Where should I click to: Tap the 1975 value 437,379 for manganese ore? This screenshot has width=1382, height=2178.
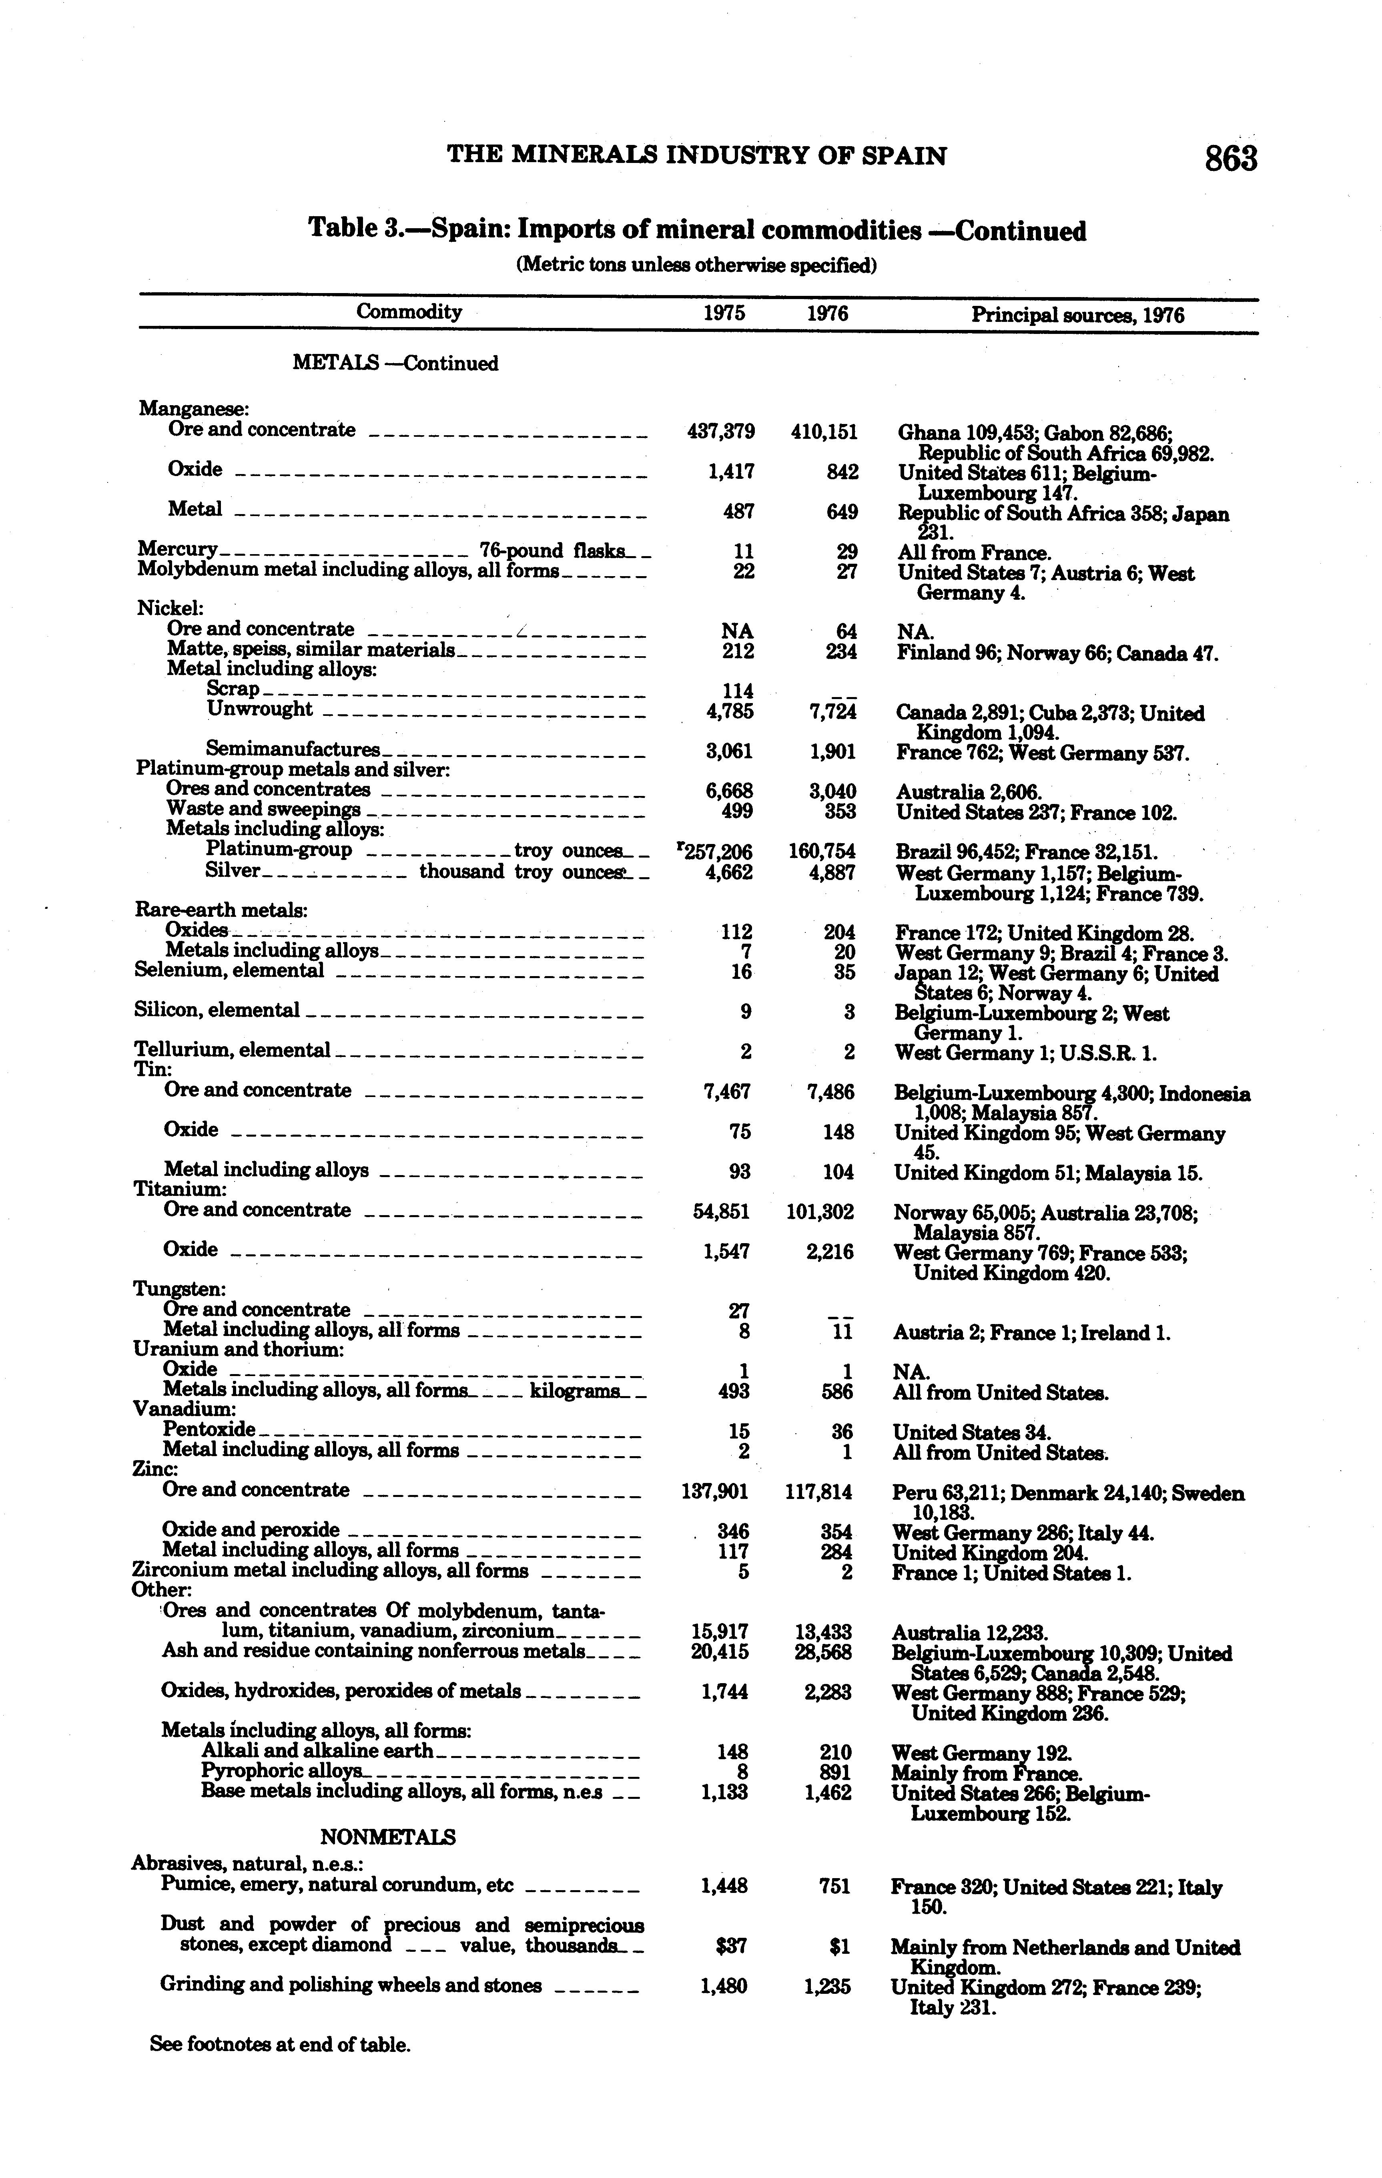(722, 432)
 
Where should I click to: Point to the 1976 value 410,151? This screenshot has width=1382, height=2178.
(824, 432)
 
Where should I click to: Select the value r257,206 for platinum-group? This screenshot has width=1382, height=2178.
(716, 851)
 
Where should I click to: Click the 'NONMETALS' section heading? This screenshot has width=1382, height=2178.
(388, 1837)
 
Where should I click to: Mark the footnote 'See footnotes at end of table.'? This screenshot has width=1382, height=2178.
(281, 2043)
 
